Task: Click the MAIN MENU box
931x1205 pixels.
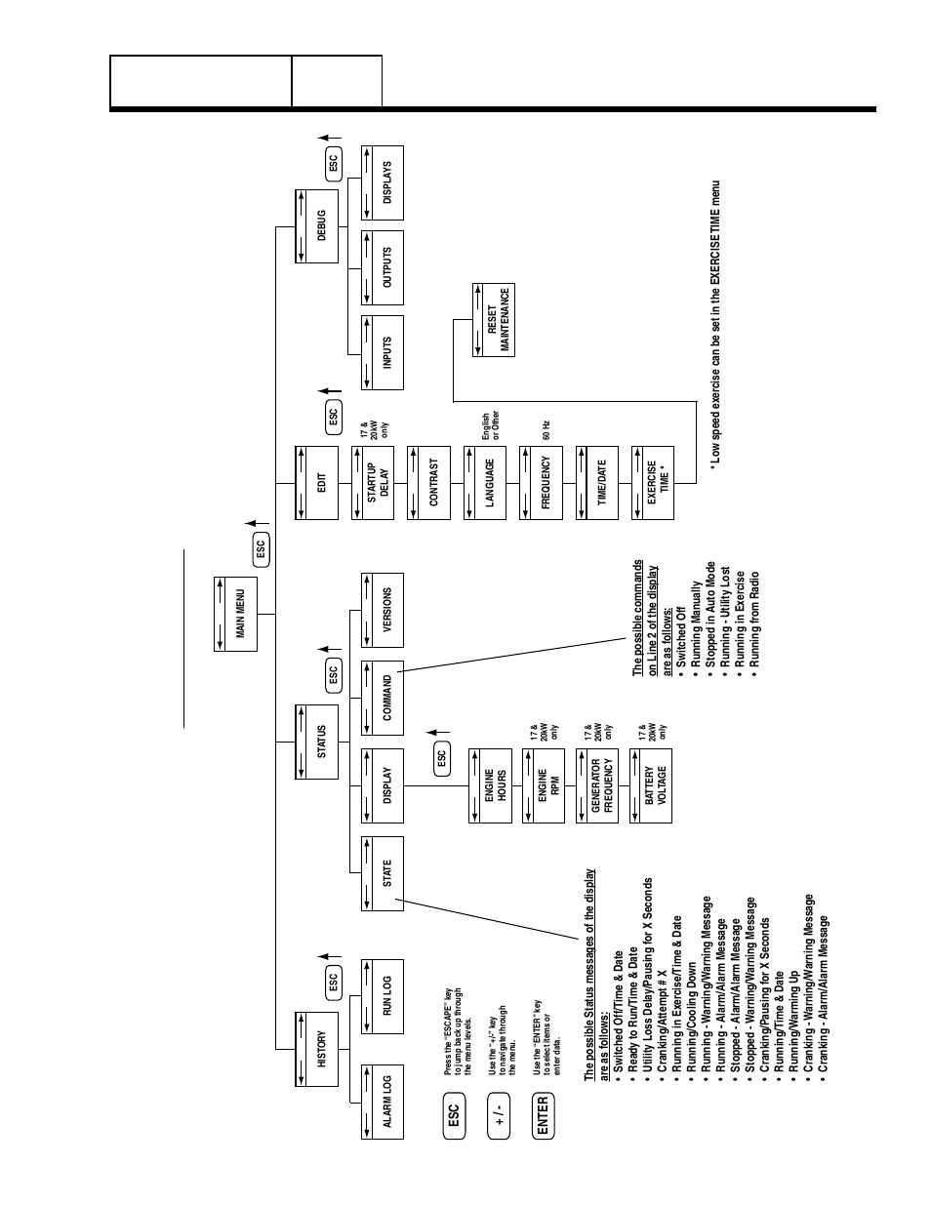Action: (x=235, y=614)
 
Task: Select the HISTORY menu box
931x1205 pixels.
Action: (x=316, y=1049)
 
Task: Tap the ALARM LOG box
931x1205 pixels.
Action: (x=383, y=1102)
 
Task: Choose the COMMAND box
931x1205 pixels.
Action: (x=383, y=697)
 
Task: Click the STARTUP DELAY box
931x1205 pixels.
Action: (x=372, y=482)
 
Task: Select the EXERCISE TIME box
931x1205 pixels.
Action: (x=653, y=482)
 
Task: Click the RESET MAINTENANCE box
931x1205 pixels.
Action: (x=494, y=320)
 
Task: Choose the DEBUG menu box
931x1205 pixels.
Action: (x=316, y=226)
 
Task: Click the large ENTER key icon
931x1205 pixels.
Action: (x=544, y=1115)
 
